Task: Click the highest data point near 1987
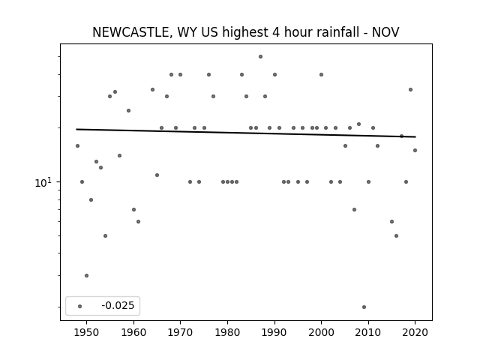click(260, 57)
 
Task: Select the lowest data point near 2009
click(364, 307)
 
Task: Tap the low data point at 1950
click(87, 275)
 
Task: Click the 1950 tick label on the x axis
click(87, 332)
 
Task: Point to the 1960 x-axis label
click(133, 332)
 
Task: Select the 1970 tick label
click(180, 332)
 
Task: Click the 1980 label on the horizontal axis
click(227, 332)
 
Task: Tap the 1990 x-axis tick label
click(274, 332)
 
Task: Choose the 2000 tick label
click(322, 332)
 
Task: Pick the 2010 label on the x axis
click(368, 332)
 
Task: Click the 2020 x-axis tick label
click(415, 332)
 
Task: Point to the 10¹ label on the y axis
click(43, 182)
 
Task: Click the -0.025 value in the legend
click(118, 305)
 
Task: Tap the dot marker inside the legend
click(80, 306)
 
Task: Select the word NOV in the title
click(385, 32)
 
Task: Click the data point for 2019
click(410, 90)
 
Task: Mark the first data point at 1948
click(77, 145)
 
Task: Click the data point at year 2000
click(322, 75)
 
